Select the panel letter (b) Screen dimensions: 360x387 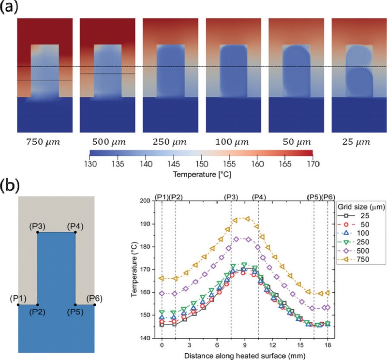[x=10, y=186]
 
